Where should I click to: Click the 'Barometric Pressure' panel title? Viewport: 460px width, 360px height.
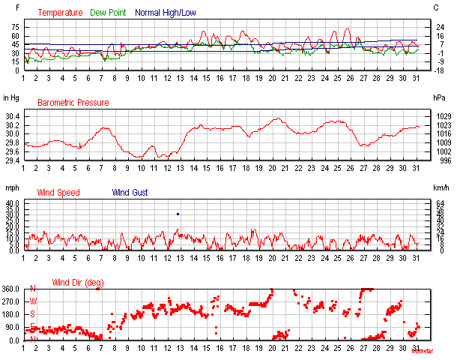pos(73,103)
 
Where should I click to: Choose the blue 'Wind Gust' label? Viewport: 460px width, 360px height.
pos(130,193)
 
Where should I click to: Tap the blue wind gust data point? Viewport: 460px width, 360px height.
pos(178,214)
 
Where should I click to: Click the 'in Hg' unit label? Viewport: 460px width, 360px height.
pos(11,97)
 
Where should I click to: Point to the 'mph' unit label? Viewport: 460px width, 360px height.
pos(10,187)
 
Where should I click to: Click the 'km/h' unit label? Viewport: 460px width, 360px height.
pos(441,187)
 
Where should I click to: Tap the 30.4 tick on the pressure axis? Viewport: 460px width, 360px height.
pos(13,116)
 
